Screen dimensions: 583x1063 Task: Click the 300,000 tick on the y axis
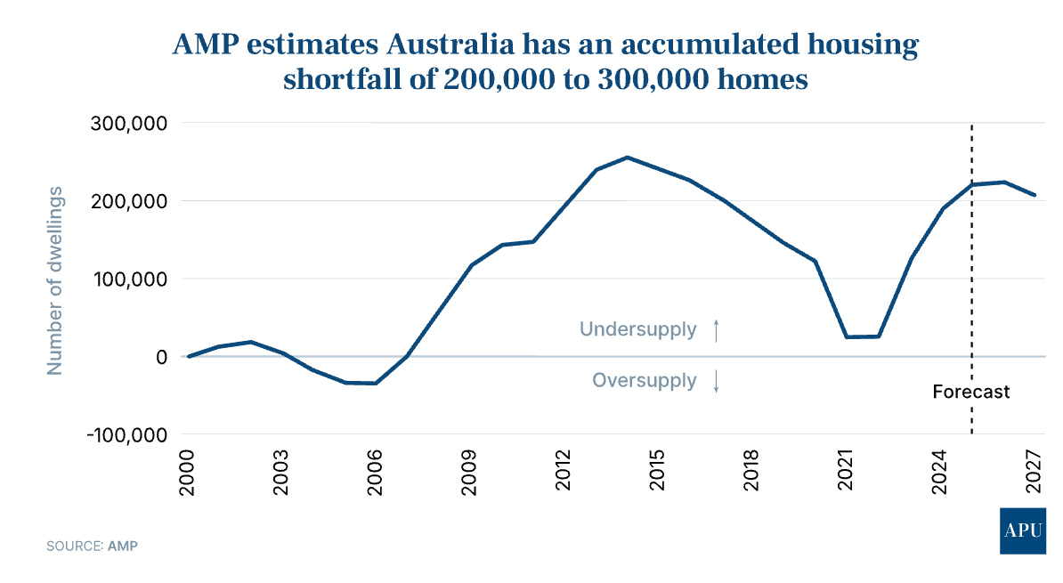(x=129, y=123)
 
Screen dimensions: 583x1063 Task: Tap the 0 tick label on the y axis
(x=161, y=357)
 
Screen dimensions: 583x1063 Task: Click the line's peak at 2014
(x=627, y=158)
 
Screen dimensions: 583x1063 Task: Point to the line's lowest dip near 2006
(x=376, y=384)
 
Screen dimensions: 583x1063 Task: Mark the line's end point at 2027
(x=1035, y=195)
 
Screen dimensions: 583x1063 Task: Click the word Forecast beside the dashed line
(x=971, y=392)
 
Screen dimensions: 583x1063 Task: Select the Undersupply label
(x=637, y=329)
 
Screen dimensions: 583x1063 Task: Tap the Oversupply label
(x=645, y=381)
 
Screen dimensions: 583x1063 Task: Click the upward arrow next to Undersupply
(x=716, y=330)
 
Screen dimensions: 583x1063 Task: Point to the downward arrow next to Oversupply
(x=716, y=382)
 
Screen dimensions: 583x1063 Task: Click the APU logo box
(x=1023, y=531)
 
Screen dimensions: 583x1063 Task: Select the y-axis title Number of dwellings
(x=55, y=279)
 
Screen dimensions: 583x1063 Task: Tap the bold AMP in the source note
(x=123, y=545)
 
